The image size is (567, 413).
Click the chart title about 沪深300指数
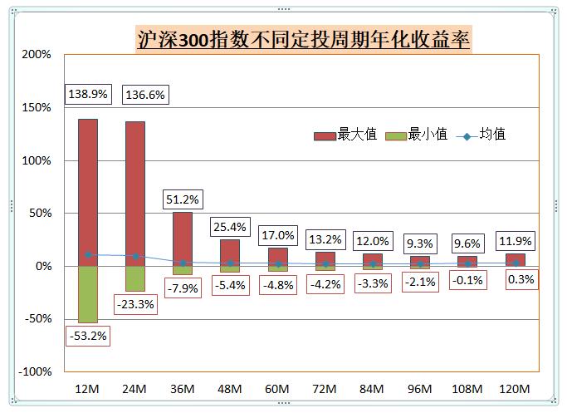click(303, 38)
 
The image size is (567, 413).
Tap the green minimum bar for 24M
click(134, 279)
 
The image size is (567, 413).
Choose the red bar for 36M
click(182, 237)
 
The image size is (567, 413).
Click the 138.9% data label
click(88, 95)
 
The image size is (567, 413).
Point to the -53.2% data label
click(88, 336)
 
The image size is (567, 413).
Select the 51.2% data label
click(183, 199)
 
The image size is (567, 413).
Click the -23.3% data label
click(135, 304)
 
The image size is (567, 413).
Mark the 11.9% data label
click(516, 243)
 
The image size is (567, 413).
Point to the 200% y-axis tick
click(37, 55)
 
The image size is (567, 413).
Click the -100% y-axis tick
click(35, 371)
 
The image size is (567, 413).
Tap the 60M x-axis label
click(277, 389)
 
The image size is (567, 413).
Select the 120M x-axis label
click(515, 389)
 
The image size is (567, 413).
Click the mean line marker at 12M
click(87, 255)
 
